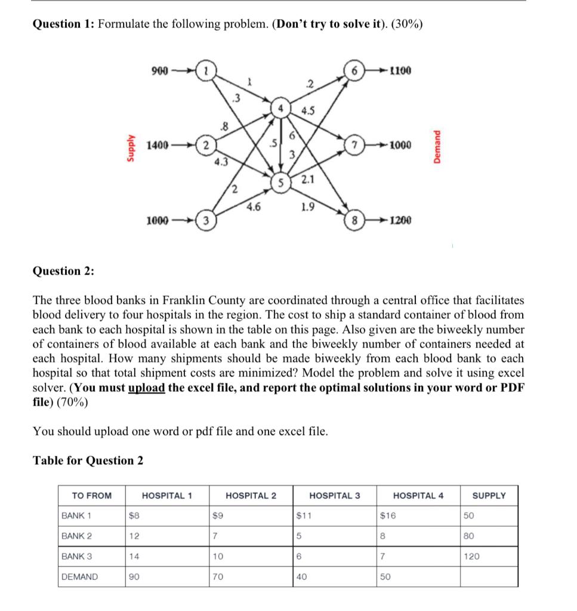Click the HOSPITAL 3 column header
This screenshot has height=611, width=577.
click(334, 495)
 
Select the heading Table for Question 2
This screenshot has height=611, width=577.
click(88, 460)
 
